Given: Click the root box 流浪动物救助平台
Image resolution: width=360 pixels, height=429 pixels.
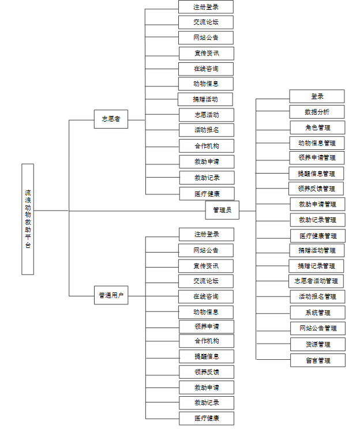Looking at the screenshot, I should pos(28,219).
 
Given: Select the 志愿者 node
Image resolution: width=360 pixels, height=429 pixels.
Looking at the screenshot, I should pos(111,119).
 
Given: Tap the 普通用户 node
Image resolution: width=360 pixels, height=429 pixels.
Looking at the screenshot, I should pos(111,296).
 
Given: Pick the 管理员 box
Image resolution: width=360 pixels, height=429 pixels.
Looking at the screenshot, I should pos(222,210).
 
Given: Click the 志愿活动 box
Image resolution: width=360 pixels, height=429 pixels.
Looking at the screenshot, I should pos(207,115).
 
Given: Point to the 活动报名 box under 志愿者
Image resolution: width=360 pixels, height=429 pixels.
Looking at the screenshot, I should pos(207,130).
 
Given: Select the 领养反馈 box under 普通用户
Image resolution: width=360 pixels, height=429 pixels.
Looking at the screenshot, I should pos(207,371).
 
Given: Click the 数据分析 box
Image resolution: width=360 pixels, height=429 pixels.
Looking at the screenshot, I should pos(317,112).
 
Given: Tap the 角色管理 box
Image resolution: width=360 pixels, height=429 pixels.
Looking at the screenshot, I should pos(317,127).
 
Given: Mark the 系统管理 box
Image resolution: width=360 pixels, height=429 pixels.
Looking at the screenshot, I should pos(318,313).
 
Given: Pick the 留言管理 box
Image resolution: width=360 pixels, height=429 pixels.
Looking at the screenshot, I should pos(318,360).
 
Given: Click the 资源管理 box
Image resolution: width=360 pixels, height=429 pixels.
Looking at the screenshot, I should pos(318,344).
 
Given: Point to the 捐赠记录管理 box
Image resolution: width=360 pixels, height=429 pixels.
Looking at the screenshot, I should pos(317,266).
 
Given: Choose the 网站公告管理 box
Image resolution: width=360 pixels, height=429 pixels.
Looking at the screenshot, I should pos(318,328).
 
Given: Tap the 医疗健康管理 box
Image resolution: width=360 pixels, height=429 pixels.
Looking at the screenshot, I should pos(318,235).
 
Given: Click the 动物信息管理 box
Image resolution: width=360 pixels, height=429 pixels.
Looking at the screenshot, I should pos(317,142).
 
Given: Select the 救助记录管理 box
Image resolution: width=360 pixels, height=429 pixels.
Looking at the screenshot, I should pos(318,220).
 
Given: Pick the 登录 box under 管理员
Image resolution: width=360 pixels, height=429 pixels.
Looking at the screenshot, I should pos(317,96).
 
